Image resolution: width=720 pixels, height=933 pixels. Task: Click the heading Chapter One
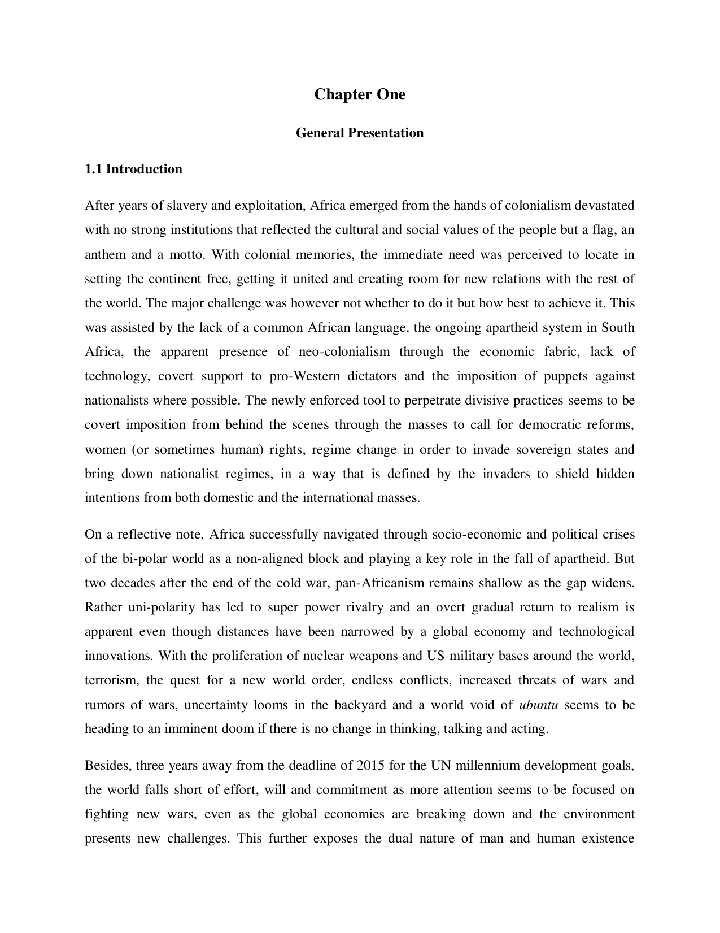(360, 94)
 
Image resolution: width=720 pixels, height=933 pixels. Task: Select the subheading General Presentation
(360, 133)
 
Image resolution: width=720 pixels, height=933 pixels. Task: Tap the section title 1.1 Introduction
(133, 170)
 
